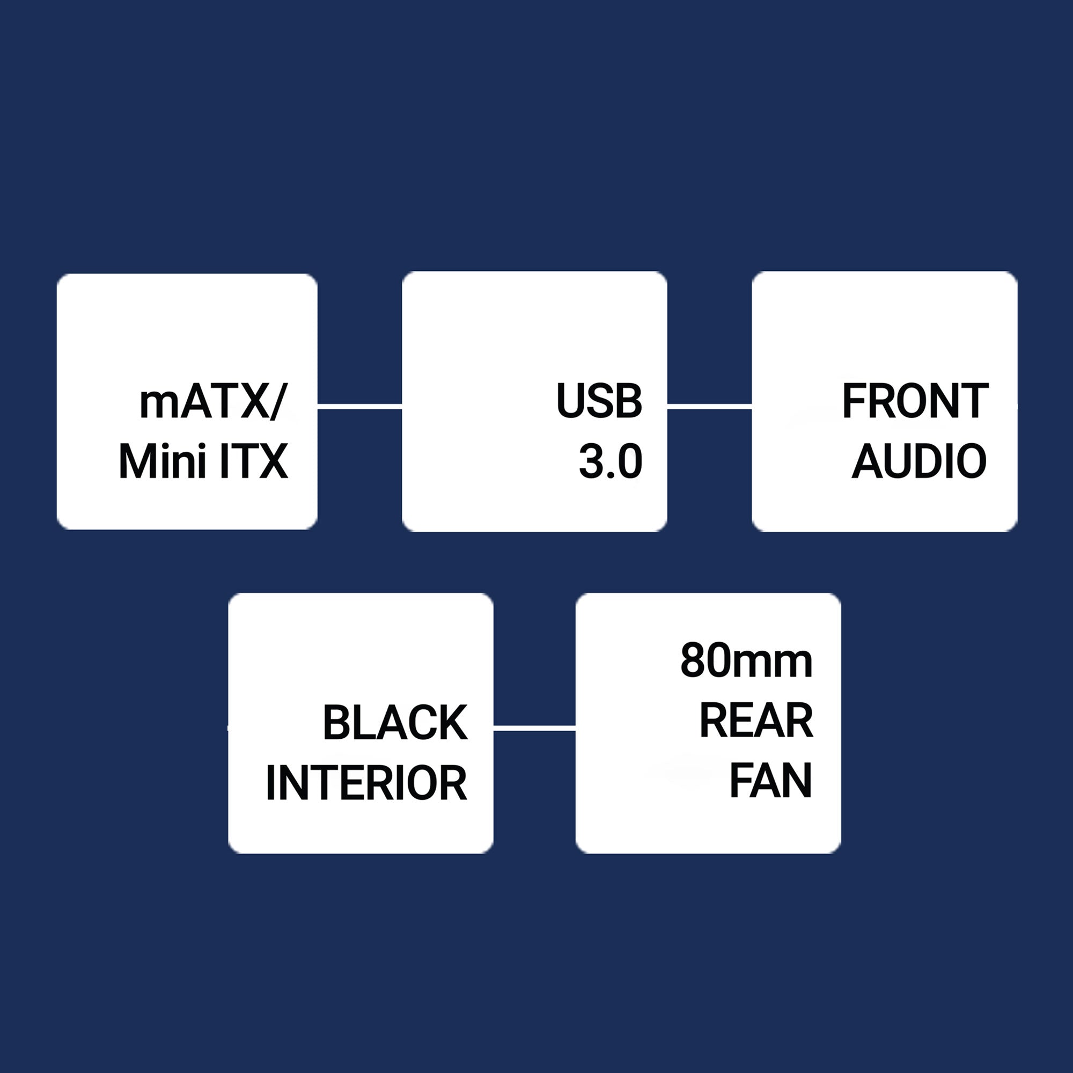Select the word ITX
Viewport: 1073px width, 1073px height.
pyautogui.click(x=254, y=461)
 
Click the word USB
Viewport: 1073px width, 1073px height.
pyautogui.click(x=599, y=401)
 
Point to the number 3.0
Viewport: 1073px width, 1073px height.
pyautogui.click(x=611, y=461)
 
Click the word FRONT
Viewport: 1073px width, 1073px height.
pyautogui.click(x=915, y=401)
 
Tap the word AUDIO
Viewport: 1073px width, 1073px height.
pyautogui.click(x=919, y=461)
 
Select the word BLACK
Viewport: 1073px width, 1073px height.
pyautogui.click(x=395, y=723)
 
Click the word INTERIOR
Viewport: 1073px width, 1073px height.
pyautogui.click(x=366, y=783)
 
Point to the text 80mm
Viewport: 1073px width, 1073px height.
pyautogui.click(x=746, y=662)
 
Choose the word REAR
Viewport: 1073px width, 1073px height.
pyautogui.click(x=756, y=721)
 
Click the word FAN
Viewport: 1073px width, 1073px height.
pyautogui.click(x=770, y=780)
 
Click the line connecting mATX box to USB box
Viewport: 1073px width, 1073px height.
pyautogui.click(x=359, y=408)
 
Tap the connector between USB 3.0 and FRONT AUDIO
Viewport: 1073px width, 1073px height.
pyautogui.click(x=709, y=408)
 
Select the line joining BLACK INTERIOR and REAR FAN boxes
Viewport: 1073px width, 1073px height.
pyautogui.click(x=534, y=728)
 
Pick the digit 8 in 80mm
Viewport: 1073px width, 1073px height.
pyautogui.click(x=693, y=662)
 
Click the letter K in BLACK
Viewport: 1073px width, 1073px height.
pyautogui.click(x=453, y=723)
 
